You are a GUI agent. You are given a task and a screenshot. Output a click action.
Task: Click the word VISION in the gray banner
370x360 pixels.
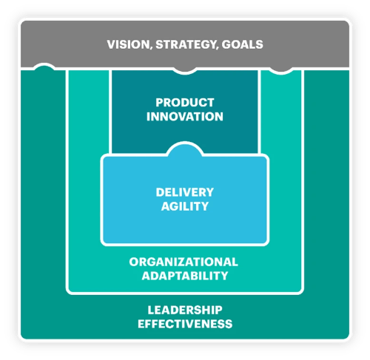pyautogui.click(x=128, y=44)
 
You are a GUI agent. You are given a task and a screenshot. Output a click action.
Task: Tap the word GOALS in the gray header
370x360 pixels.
pyautogui.click(x=243, y=44)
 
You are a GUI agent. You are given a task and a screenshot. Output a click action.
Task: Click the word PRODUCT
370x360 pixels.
pyautogui.click(x=185, y=103)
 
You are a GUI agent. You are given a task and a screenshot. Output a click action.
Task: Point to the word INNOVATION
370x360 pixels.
pyautogui.click(x=185, y=117)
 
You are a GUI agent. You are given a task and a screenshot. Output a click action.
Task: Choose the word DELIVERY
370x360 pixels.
pyautogui.click(x=185, y=192)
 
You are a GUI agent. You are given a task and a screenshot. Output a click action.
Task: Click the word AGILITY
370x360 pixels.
pyautogui.click(x=185, y=206)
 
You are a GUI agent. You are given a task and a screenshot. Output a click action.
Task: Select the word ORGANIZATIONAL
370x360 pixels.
pyautogui.click(x=184, y=262)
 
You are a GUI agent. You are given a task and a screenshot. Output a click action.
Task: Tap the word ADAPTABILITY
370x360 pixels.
pyautogui.click(x=185, y=276)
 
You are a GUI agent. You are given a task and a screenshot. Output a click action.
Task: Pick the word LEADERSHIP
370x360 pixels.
pyautogui.click(x=185, y=310)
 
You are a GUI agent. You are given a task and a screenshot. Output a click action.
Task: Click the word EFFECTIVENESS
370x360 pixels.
pyautogui.click(x=185, y=324)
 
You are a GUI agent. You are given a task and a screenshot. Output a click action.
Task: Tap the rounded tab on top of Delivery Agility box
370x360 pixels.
pyautogui.click(x=185, y=149)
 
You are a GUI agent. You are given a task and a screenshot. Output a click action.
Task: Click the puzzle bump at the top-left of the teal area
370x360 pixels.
pyautogui.click(x=44, y=67)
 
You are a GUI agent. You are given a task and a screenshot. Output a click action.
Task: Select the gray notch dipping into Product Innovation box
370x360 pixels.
pyautogui.click(x=185, y=70)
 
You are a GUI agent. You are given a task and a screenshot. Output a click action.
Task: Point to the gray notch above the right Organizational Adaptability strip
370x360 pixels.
pyautogui.click(x=280, y=70)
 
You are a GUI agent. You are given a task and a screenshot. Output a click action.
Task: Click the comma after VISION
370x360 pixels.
pyautogui.click(x=151, y=48)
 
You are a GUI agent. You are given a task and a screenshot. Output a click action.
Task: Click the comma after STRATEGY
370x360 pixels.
pyautogui.click(x=217, y=48)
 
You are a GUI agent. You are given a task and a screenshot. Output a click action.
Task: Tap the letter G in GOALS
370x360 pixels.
pyautogui.click(x=226, y=44)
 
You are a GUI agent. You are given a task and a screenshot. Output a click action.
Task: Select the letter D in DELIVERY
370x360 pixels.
pyautogui.click(x=160, y=192)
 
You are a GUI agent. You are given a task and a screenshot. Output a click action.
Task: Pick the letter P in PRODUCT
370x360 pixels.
pyautogui.click(x=159, y=103)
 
